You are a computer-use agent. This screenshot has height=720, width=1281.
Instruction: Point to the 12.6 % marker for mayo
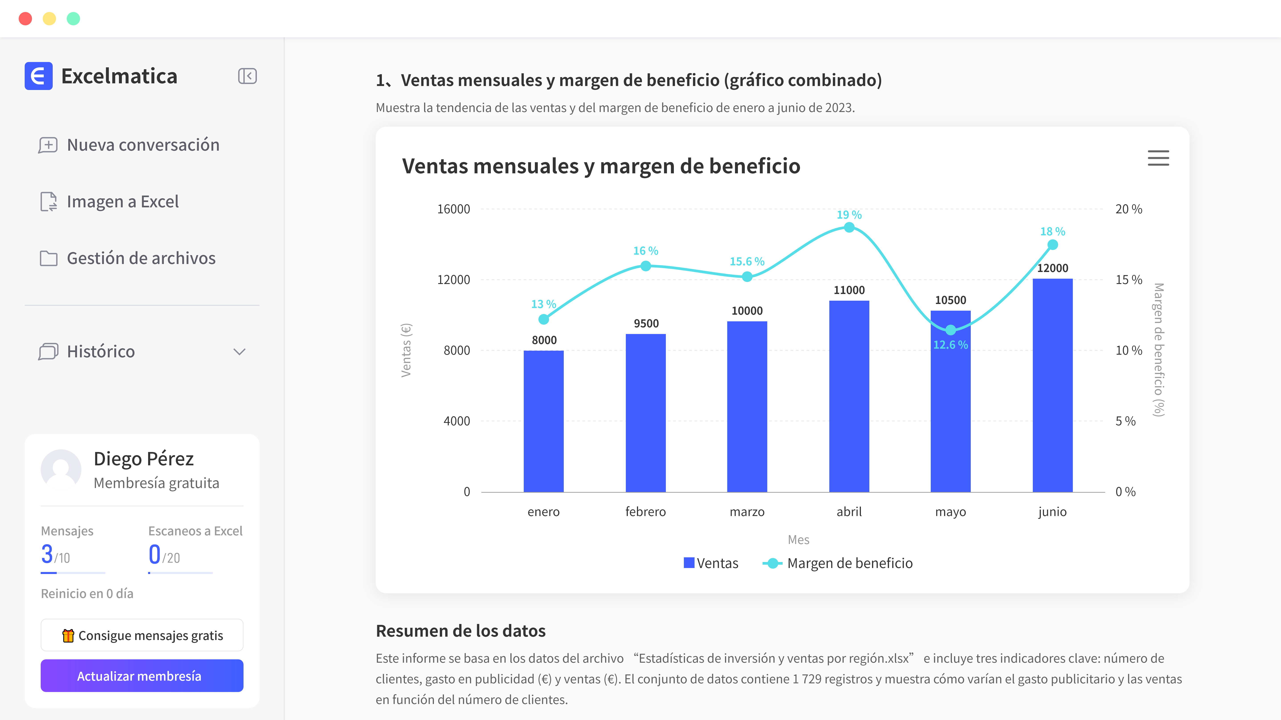point(950,330)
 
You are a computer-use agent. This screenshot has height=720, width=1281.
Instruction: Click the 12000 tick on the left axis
point(453,280)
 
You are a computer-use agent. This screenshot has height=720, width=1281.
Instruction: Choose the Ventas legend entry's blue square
point(689,563)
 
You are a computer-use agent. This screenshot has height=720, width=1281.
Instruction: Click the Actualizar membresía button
point(142,676)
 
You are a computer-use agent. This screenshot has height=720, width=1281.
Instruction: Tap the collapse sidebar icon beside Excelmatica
point(247,76)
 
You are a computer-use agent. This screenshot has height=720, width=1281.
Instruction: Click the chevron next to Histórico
point(239,352)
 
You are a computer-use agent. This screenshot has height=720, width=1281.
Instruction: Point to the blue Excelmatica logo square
point(38,76)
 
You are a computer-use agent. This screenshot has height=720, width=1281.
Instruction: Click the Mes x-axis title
point(798,540)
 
